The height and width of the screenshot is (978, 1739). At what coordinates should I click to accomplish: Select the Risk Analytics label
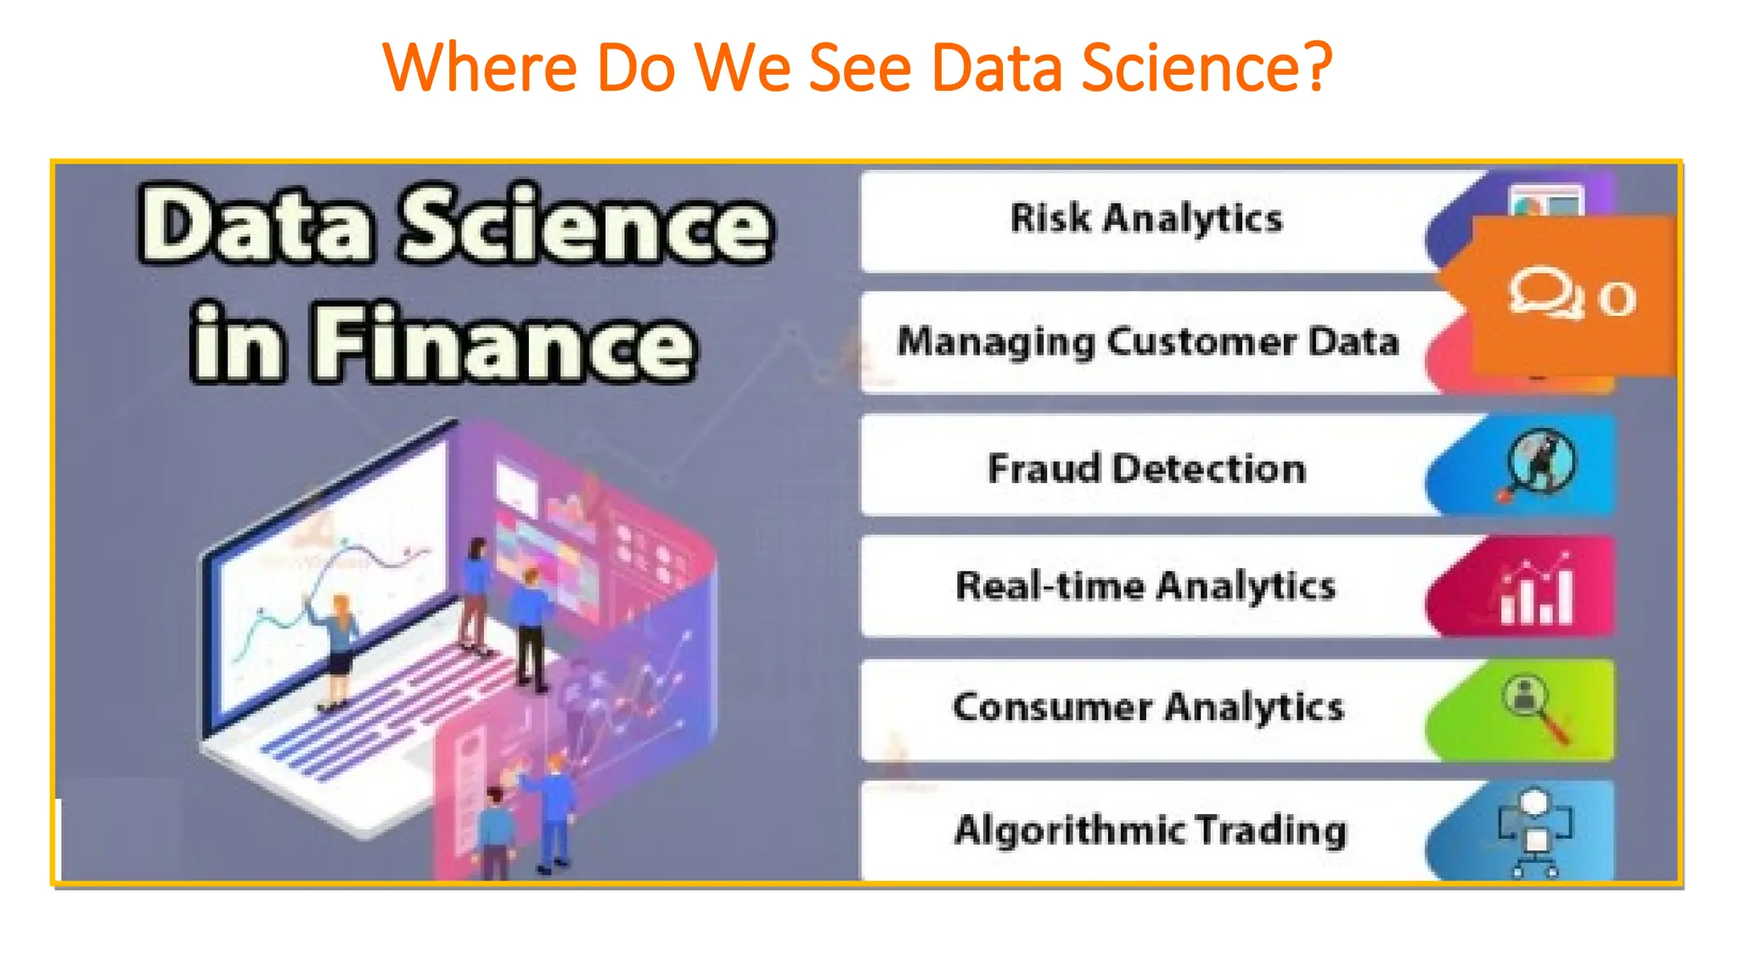[1145, 219]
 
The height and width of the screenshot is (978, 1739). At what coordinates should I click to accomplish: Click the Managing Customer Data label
[1148, 342]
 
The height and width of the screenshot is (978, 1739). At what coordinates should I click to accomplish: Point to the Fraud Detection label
[1146, 469]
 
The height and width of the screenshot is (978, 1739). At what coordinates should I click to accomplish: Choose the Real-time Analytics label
[1145, 587]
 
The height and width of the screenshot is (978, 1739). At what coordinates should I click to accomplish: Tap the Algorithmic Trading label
[1151, 830]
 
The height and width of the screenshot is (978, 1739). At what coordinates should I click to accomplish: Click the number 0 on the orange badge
[1617, 299]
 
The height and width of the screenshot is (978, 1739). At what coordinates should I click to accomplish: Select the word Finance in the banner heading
[504, 342]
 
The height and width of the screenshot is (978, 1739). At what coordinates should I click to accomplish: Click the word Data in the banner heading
[256, 226]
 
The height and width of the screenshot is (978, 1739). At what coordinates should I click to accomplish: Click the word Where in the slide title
[480, 68]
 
